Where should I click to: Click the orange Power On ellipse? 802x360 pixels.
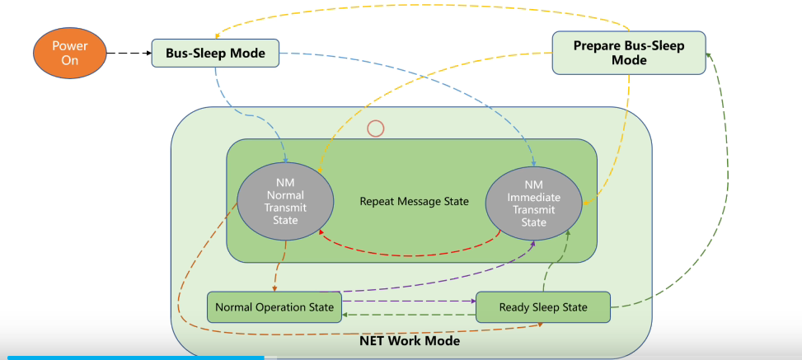pyautogui.click(x=69, y=54)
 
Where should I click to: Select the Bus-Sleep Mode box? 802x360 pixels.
pyautogui.click(x=215, y=54)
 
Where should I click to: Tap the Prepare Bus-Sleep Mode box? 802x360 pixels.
pyautogui.click(x=628, y=53)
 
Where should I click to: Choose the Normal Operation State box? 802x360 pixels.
pyautogui.click(x=274, y=307)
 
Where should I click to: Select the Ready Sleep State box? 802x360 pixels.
pyautogui.click(x=543, y=307)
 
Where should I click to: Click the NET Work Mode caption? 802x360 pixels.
pyautogui.click(x=410, y=340)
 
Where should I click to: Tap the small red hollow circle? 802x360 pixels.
pyautogui.click(x=375, y=129)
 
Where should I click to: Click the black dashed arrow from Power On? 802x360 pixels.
pyautogui.click(x=128, y=54)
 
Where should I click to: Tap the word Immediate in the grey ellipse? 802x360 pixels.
pyautogui.click(x=533, y=198)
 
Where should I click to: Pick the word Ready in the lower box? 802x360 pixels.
pyautogui.click(x=516, y=307)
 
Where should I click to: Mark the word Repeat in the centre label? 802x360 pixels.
pyautogui.click(x=378, y=201)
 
